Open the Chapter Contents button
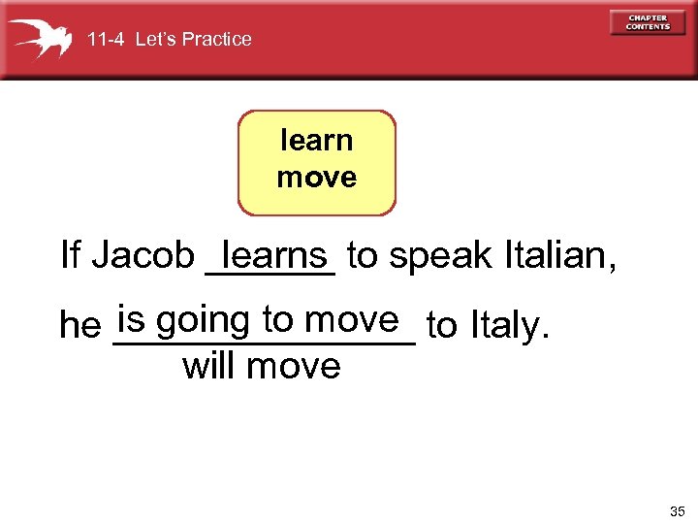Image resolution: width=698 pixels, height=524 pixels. click(x=648, y=23)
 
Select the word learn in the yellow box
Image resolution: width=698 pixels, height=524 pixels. click(x=316, y=142)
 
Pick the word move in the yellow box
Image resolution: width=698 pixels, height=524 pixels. click(x=316, y=178)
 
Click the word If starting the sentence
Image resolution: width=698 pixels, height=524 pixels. click(x=70, y=256)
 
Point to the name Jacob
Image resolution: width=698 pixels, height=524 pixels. click(x=143, y=256)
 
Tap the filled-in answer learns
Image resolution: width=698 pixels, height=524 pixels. click(x=273, y=255)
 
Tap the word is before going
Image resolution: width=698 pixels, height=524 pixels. click(x=131, y=319)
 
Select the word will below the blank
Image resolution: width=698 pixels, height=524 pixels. click(x=210, y=367)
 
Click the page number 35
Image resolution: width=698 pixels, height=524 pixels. click(x=676, y=509)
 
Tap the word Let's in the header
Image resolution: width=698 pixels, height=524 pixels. click(x=156, y=40)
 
